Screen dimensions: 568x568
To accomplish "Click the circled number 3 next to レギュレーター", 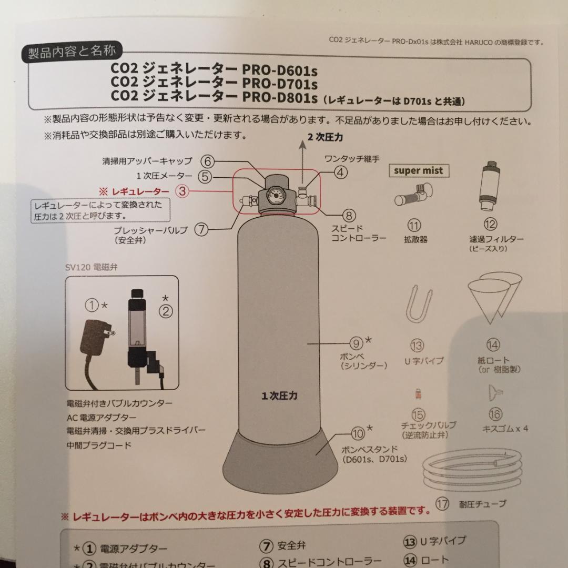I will point(182,191).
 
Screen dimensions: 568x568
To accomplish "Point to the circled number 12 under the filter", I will point(490,225).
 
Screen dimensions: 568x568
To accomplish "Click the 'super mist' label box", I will point(419,170).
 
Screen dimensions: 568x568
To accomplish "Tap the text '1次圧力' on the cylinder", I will point(279,395).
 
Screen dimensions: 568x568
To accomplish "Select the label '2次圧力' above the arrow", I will point(326,137).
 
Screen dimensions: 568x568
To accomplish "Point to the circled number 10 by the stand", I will point(358,433).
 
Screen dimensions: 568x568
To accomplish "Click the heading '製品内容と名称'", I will point(72,53).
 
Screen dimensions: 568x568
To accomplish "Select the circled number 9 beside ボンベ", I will point(357,344).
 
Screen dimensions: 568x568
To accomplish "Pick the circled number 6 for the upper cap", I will point(207,161).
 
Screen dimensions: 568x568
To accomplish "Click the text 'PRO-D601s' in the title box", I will point(279,69).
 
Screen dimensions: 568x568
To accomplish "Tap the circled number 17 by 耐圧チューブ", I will point(442,504).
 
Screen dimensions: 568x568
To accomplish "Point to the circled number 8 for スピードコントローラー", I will point(349,215).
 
